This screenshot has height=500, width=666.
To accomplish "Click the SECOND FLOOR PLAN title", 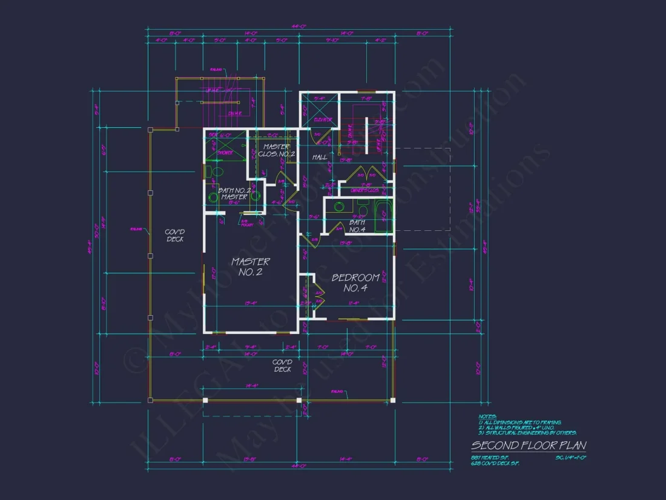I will point(529,445).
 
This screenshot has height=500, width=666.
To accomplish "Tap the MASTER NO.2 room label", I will point(251,267).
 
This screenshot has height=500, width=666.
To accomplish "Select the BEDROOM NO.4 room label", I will point(355,282).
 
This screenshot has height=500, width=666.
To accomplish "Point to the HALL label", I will point(320,157).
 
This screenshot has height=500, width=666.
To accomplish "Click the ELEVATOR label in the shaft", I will point(322,119).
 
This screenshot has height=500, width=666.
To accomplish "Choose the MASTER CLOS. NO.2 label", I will point(276,150).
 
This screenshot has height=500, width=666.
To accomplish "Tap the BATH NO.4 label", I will point(357,226).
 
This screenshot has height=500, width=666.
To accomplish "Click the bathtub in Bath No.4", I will point(383,219).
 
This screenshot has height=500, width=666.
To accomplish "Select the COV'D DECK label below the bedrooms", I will point(282,365).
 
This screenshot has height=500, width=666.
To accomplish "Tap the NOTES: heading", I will point(487,417).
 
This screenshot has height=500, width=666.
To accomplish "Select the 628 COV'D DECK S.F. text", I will point(495,464).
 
